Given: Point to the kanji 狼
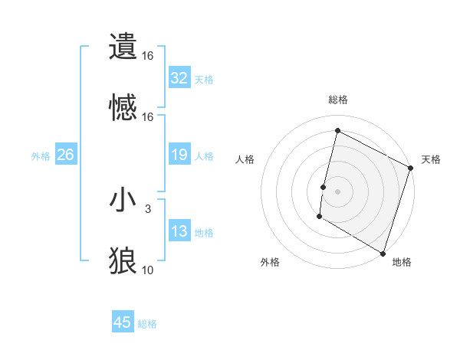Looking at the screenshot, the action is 123,260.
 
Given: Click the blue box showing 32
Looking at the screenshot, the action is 179,78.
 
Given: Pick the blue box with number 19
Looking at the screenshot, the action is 179,155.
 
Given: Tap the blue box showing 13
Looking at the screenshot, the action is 179,232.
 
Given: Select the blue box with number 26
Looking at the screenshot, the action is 65,155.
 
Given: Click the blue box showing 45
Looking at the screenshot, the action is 123,322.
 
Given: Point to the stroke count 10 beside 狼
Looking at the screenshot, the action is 148,270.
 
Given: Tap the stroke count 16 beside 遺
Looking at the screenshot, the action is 148,56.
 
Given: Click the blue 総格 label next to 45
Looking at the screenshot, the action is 147,324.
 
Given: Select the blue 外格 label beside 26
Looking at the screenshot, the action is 41,156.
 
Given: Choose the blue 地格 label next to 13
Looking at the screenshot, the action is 204,233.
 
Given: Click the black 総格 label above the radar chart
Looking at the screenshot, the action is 338,100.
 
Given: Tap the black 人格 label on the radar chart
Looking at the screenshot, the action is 245,159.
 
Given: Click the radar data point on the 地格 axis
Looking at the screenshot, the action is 383,252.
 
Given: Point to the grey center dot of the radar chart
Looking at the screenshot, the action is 337,190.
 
